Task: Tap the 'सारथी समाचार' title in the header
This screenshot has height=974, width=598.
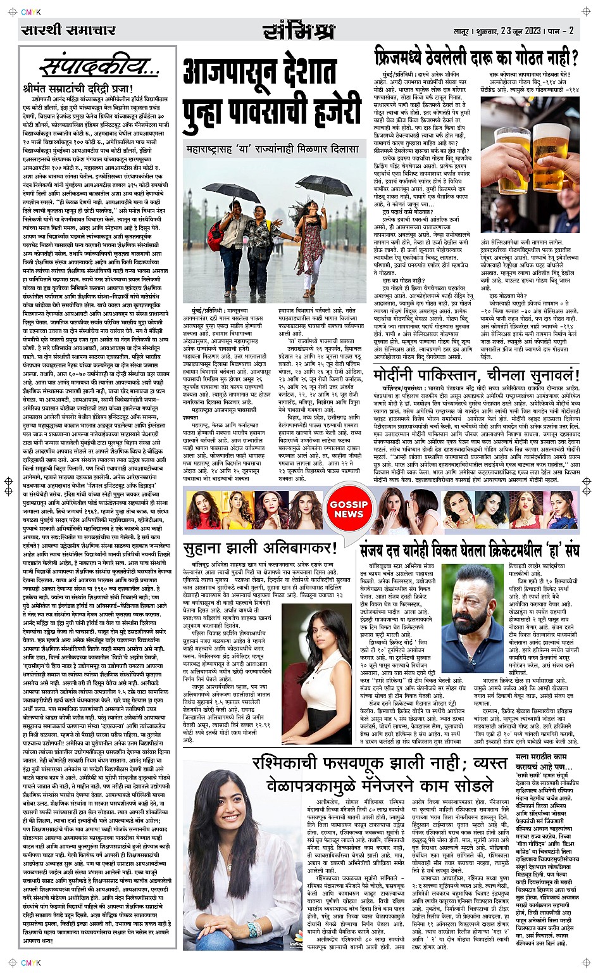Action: pyautogui.click(x=68, y=30)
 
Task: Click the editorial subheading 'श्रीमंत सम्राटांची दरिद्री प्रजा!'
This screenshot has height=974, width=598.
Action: pyautogui.click(x=80, y=88)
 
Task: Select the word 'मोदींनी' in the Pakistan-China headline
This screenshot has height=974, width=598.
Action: pyautogui.click(x=402, y=374)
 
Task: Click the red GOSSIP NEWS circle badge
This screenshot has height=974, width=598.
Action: pyautogui.click(x=348, y=509)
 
